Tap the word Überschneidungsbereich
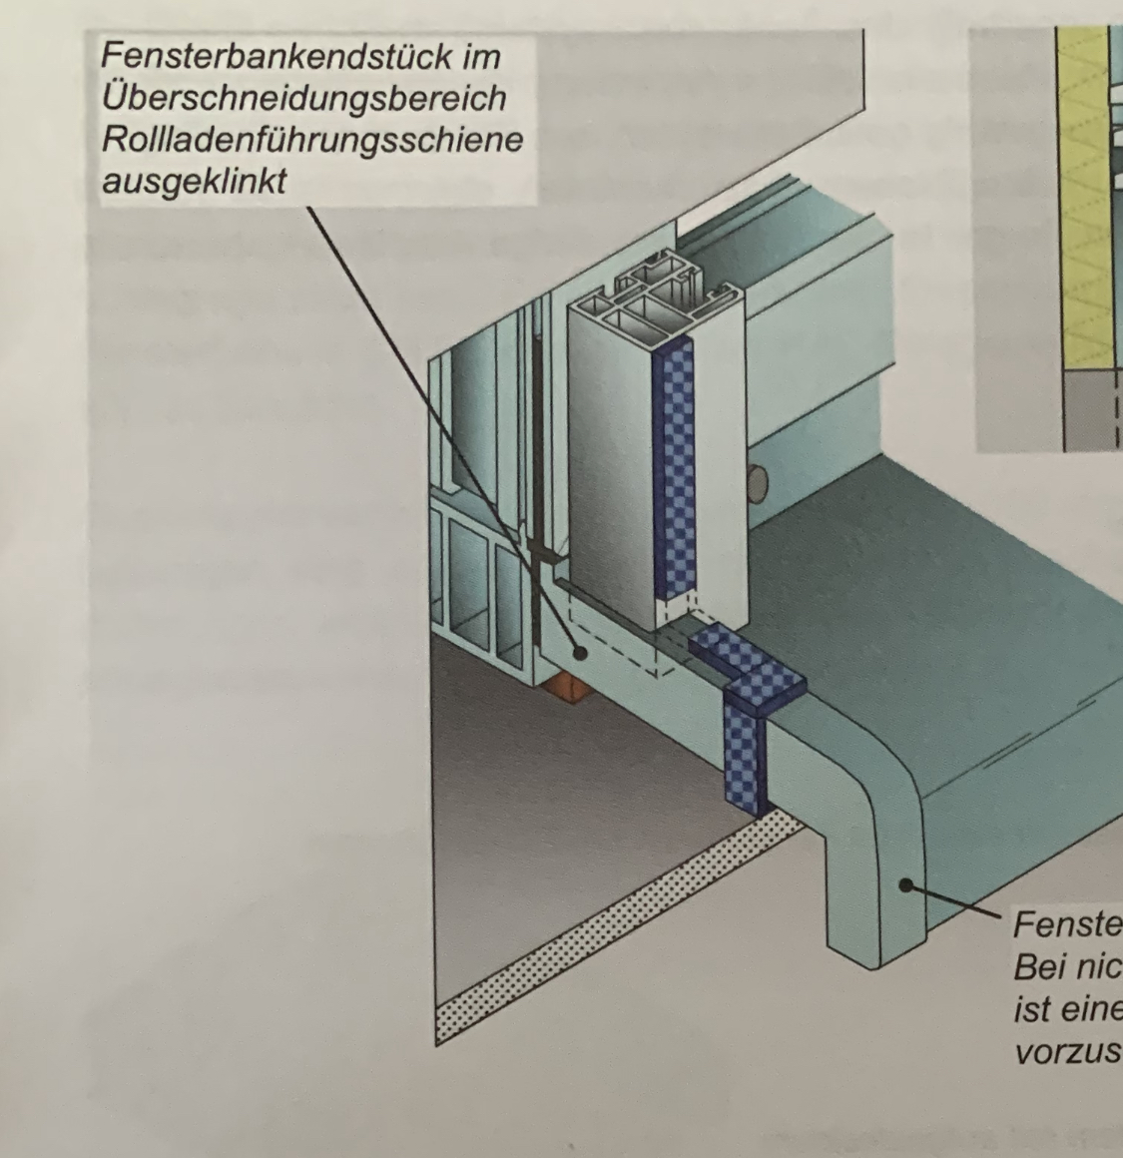(x=303, y=98)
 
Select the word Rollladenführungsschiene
(x=311, y=140)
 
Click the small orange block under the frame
(x=565, y=689)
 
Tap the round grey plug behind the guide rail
(x=760, y=483)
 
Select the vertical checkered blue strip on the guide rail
(x=676, y=469)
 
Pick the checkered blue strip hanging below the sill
(x=744, y=755)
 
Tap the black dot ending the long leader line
(x=579, y=652)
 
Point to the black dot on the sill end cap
(x=903, y=883)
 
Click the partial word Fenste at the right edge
(x=1063, y=923)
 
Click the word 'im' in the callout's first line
(x=481, y=56)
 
